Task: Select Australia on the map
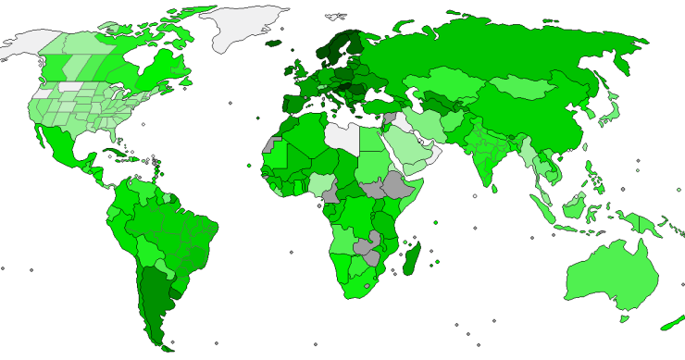coord(611,278)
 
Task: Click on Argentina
coord(153,296)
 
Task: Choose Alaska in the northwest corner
coord(32,42)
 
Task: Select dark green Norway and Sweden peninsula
coord(338,46)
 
